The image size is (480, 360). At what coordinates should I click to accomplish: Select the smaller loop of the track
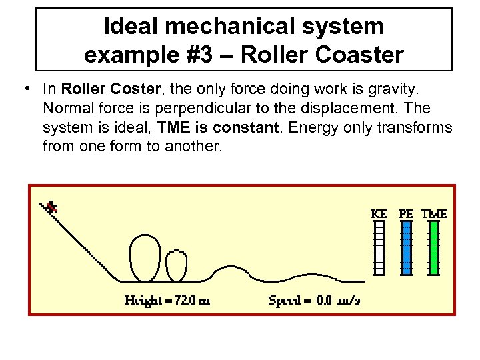(x=176, y=267)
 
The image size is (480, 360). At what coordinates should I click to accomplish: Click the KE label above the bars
(x=378, y=214)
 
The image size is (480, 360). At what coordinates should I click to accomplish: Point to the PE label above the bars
(x=406, y=214)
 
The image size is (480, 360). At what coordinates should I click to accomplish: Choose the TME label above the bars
(x=434, y=214)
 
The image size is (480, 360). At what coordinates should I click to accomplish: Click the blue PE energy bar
(x=406, y=248)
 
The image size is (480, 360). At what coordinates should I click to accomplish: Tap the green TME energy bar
(x=434, y=248)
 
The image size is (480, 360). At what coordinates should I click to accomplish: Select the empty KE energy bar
(x=378, y=248)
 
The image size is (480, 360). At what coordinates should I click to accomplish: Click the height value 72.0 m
(x=193, y=301)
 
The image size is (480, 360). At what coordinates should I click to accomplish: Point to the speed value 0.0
(x=324, y=301)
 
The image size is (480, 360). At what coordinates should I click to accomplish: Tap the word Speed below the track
(x=284, y=301)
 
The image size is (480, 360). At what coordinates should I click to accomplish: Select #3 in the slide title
(x=206, y=54)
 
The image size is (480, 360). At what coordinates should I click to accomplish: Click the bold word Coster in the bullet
(x=133, y=89)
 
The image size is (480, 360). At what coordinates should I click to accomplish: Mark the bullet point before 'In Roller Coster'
(x=25, y=89)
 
